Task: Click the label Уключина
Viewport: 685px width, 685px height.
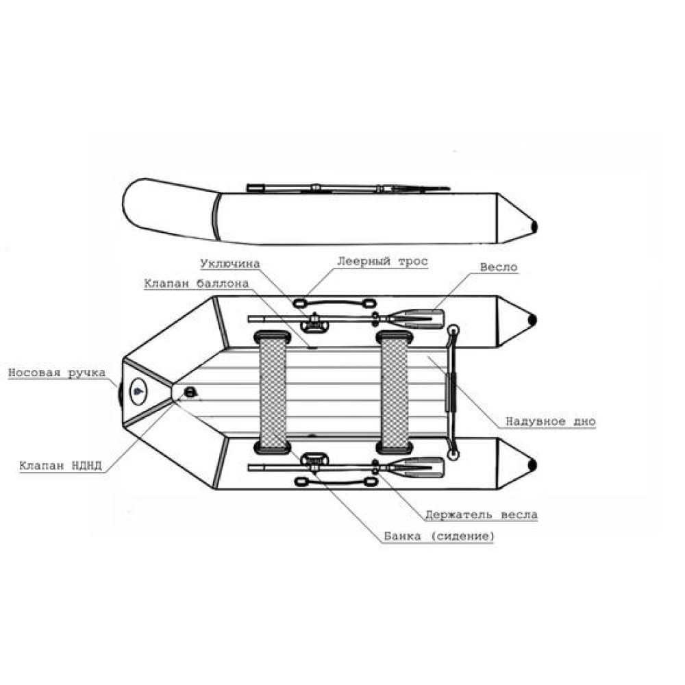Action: coord(230,264)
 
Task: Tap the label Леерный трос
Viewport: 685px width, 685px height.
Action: coord(382,261)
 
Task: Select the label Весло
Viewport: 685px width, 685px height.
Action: coord(499,267)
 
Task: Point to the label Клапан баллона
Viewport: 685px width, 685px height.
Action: coord(197,283)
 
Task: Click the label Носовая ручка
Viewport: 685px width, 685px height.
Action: coord(57,373)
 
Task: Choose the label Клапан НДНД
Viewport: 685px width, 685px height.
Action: coord(60,465)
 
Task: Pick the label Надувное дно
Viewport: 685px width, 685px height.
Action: coord(551,421)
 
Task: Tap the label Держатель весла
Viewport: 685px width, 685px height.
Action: coord(482,514)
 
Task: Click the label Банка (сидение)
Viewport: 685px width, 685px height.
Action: coord(439,536)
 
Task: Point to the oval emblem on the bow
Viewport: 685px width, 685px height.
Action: coord(138,391)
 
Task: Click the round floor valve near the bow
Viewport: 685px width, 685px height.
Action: coord(190,392)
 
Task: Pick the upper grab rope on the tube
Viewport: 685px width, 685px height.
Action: coord(335,303)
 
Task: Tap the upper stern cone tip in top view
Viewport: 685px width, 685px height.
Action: coord(534,320)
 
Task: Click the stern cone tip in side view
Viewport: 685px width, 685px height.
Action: coord(534,227)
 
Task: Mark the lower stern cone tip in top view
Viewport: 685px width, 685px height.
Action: coord(534,464)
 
